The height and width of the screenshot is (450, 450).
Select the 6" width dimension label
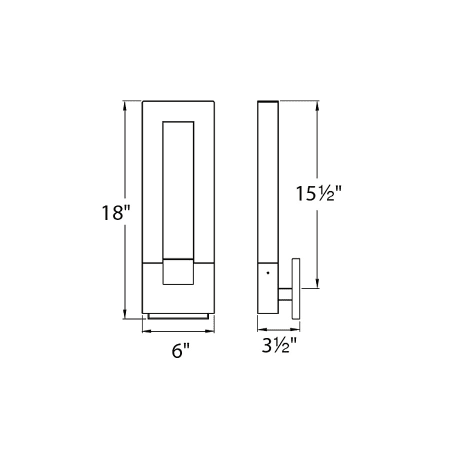tap(178, 351)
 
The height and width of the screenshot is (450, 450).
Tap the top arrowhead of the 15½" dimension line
tap(317, 105)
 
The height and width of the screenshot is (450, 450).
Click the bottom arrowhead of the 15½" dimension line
tap(317, 283)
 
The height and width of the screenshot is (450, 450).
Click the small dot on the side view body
tap(267, 271)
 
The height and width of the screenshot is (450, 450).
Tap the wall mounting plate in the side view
tap(296, 289)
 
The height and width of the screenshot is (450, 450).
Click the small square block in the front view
tap(178, 269)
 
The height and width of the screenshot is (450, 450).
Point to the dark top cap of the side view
tap(268, 103)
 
